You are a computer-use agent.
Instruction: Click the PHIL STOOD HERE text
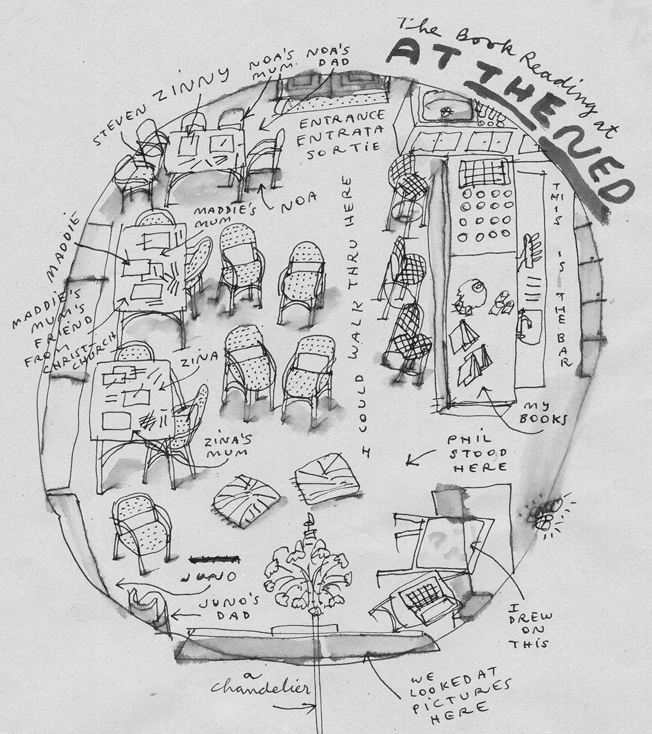coord(478,453)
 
